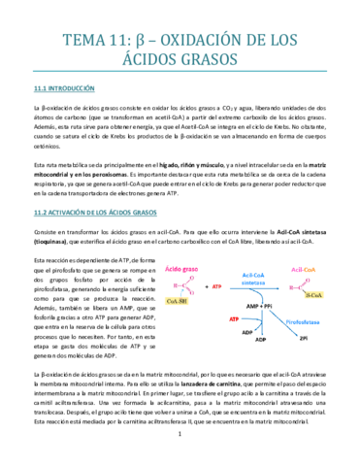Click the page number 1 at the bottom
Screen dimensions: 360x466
(x=180, y=447)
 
